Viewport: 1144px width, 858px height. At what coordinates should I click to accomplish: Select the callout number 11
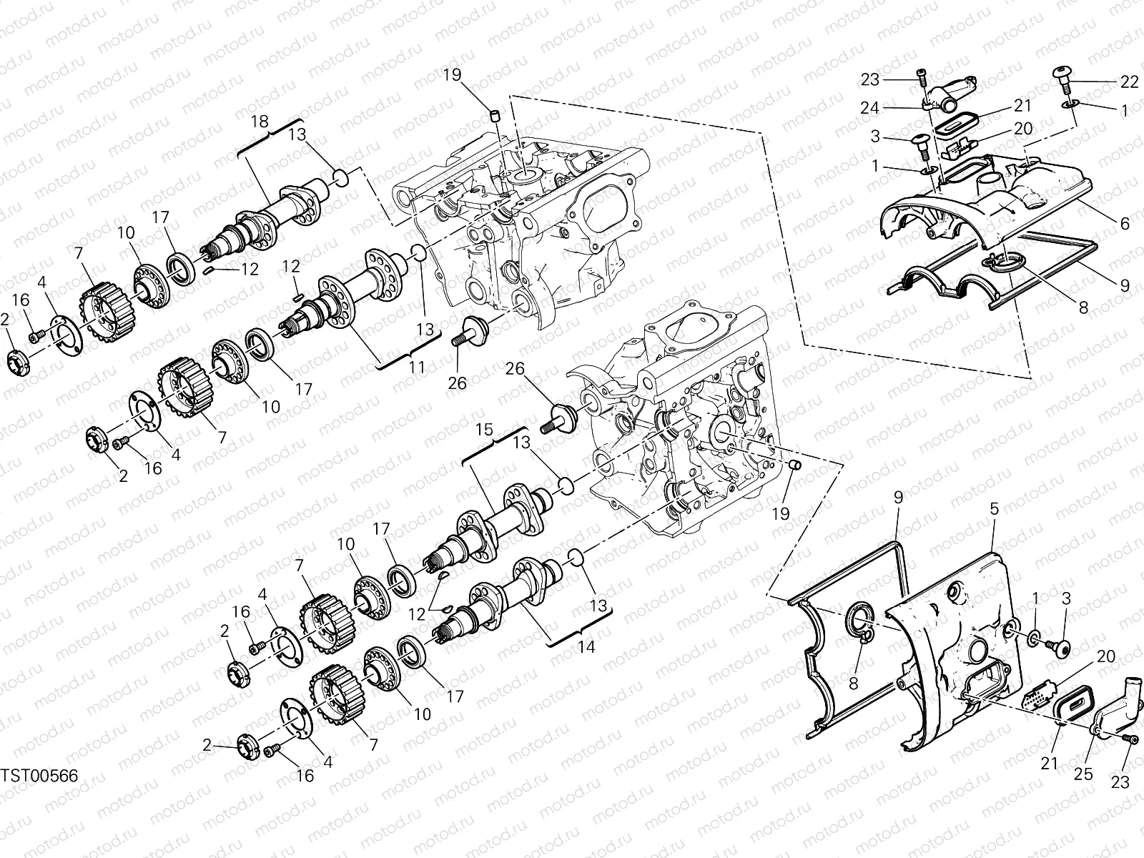point(417,368)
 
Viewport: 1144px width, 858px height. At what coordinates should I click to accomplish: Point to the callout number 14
point(586,647)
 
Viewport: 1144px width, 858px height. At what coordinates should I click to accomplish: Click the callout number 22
point(1129,82)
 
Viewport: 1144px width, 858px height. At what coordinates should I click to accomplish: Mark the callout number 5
point(995,509)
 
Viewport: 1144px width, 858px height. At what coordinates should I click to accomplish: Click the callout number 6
point(1125,224)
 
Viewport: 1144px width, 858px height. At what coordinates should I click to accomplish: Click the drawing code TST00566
point(39,776)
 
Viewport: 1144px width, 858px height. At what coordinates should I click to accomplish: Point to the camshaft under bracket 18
point(272,214)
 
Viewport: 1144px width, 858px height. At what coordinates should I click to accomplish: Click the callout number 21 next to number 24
point(1023,106)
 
